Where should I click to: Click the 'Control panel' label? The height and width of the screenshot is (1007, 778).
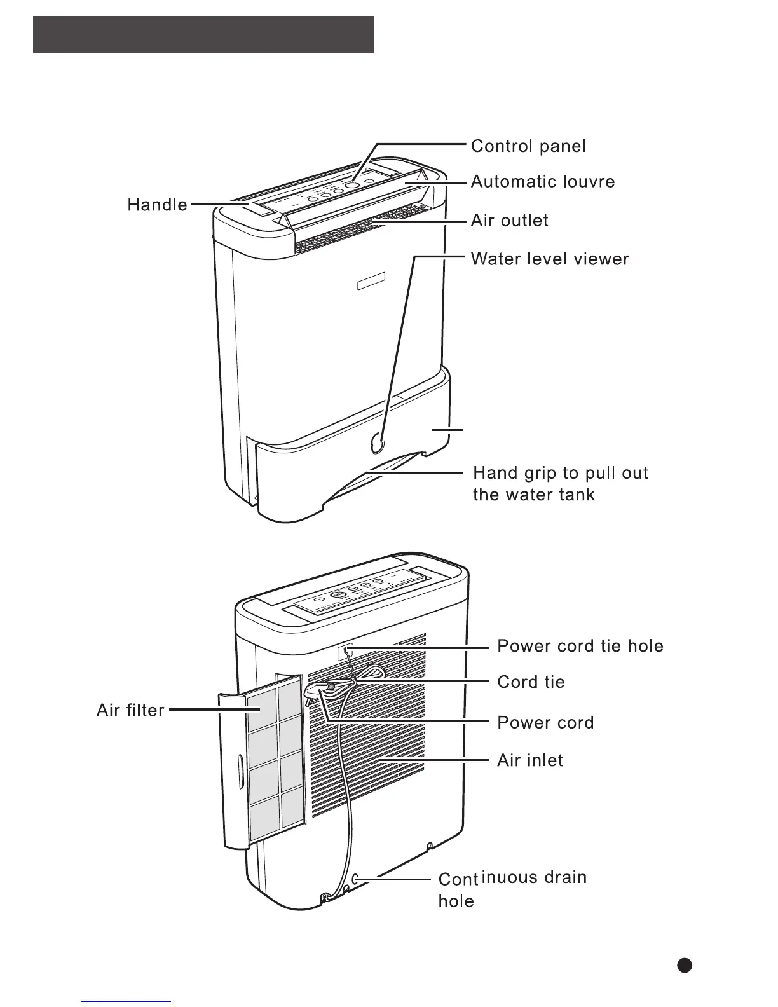tap(528, 147)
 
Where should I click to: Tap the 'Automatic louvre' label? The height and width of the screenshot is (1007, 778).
tap(543, 182)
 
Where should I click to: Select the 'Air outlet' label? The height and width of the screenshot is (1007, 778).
tap(509, 221)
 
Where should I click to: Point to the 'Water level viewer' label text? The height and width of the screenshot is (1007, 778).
tap(550, 259)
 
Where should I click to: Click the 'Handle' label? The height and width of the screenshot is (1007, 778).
tap(157, 205)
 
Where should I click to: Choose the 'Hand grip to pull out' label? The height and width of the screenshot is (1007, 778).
tap(560, 474)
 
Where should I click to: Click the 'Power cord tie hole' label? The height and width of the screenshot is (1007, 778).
tap(580, 647)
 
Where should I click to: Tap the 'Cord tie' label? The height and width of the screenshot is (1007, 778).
tap(531, 683)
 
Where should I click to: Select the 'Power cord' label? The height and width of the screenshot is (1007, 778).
tap(545, 723)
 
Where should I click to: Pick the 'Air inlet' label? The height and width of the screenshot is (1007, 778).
tap(530, 761)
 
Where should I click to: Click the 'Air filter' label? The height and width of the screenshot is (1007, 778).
tap(130, 710)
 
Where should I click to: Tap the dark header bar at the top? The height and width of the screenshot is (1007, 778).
tap(203, 34)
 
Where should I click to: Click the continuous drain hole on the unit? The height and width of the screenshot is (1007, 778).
tap(355, 879)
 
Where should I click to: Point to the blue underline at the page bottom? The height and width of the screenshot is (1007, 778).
tap(126, 1001)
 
